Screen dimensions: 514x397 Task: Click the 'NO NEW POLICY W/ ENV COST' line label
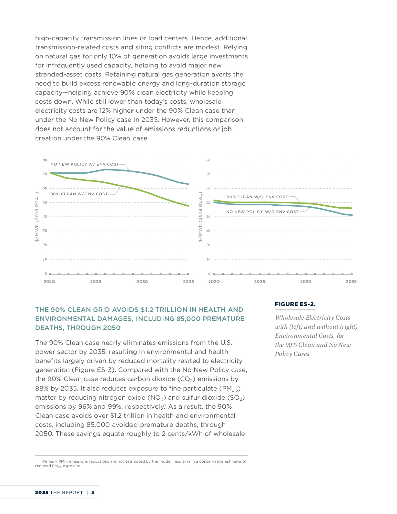(84, 165)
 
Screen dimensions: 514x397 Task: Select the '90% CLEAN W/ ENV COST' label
(79, 194)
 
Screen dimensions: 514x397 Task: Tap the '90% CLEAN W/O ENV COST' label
(257, 197)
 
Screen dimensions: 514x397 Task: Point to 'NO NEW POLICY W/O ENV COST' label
(262, 212)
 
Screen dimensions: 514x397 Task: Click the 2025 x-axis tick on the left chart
(95, 282)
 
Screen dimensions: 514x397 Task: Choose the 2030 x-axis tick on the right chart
(305, 282)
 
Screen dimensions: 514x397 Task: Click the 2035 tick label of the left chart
(188, 282)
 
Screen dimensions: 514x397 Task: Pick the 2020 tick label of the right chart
(214, 282)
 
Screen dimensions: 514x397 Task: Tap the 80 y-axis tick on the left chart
(46, 160)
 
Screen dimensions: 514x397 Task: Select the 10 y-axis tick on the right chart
(208, 259)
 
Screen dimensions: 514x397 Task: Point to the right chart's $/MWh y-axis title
(200, 217)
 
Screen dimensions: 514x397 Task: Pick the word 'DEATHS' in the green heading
(48, 328)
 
